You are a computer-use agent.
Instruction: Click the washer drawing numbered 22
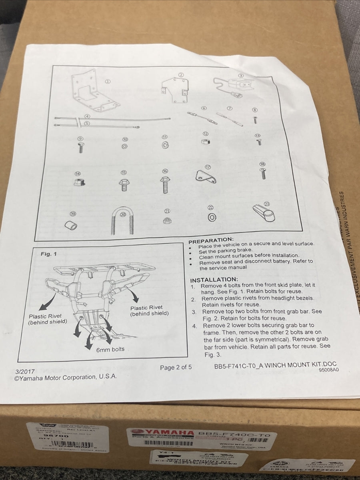point(212,217)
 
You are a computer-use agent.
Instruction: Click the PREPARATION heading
point(210,241)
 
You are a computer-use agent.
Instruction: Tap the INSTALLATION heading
point(214,280)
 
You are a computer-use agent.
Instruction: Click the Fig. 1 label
point(49,254)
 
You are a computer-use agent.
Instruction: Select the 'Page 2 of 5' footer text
point(176,367)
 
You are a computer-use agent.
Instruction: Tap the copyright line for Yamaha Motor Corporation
point(66,377)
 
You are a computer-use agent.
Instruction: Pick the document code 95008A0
point(328,370)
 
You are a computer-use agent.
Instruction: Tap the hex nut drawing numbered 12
point(204,142)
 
